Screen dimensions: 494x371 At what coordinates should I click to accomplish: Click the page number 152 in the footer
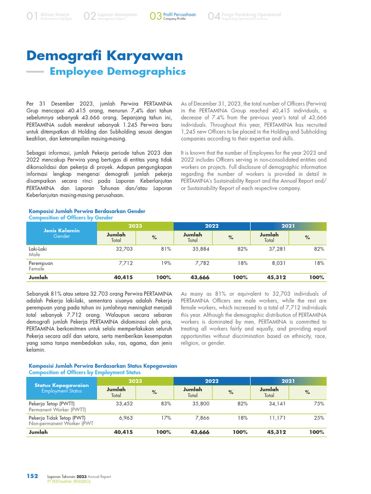click(x=32, y=476)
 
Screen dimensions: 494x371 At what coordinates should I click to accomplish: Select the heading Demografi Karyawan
click(x=105, y=55)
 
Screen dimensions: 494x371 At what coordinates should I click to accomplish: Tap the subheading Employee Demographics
click(x=118, y=71)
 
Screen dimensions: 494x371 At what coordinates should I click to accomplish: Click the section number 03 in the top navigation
click(x=156, y=17)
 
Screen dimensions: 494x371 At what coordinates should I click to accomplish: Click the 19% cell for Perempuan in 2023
click(x=167, y=263)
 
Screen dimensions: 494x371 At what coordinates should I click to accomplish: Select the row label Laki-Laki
click(x=38, y=249)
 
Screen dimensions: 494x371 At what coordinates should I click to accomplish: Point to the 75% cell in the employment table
click(x=319, y=403)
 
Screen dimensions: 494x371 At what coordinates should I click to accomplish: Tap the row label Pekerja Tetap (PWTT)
click(x=51, y=403)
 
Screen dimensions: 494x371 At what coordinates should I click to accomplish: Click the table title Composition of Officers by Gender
click(x=71, y=218)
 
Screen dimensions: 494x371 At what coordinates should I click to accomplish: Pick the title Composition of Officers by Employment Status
click(x=85, y=372)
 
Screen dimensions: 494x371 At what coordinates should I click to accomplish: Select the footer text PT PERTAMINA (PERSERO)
click(x=69, y=481)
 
